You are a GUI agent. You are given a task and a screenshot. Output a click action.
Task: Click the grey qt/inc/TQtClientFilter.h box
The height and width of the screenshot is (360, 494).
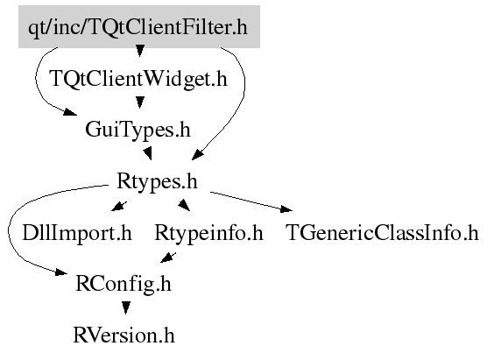tap(139, 27)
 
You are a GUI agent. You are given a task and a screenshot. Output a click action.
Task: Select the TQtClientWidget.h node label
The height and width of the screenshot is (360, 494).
tap(138, 79)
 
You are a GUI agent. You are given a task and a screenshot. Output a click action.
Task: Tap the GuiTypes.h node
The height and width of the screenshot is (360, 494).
tap(138, 130)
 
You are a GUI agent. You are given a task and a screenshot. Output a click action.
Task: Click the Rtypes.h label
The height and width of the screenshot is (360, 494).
tap(157, 181)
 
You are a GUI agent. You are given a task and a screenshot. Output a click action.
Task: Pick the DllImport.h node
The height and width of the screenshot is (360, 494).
tap(77, 233)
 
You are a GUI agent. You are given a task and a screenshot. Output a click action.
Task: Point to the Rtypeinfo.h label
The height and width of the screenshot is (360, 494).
tap(208, 233)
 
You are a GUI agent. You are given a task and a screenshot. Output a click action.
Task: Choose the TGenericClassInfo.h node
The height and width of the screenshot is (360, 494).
tap(382, 233)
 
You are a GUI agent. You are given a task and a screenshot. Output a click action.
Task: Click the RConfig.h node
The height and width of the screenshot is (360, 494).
tap(123, 284)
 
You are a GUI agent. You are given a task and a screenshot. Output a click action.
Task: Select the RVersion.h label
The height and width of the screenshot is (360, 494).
tap(123, 335)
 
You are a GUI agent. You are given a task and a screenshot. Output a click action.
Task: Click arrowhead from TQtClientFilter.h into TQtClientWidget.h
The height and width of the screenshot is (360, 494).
tap(139, 51)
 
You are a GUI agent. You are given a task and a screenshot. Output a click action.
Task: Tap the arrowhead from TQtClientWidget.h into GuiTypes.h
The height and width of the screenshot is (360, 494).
tap(139, 102)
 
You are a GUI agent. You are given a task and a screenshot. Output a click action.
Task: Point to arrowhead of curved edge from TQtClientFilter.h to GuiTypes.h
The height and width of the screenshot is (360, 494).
tap(71, 112)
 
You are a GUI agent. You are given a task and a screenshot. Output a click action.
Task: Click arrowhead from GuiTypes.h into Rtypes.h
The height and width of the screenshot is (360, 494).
tap(148, 153)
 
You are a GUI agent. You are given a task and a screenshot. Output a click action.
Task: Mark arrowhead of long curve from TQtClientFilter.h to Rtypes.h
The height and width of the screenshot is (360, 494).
tap(198, 154)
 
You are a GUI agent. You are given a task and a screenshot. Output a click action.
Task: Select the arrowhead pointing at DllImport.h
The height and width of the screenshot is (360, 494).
tap(119, 207)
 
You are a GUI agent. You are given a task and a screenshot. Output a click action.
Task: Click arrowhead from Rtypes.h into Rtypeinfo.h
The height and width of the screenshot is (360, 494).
tap(184, 205)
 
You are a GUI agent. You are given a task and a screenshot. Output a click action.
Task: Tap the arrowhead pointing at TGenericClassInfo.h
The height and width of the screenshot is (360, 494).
tap(286, 208)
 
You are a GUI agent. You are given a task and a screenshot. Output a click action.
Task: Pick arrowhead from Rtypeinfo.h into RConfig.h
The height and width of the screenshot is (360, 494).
tap(168, 258)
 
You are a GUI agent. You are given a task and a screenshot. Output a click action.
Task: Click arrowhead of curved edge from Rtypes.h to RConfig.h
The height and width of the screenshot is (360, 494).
tap(61, 272)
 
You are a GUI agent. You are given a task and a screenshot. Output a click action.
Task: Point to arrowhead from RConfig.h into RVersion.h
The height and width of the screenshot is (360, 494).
tap(126, 307)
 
